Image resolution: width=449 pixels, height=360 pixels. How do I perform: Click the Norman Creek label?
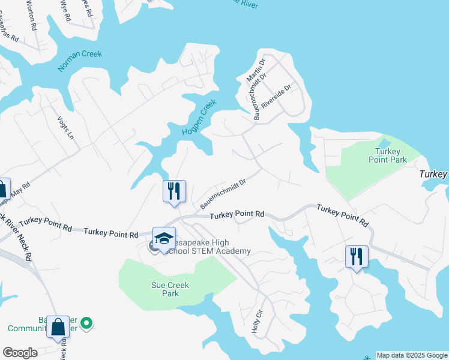80,61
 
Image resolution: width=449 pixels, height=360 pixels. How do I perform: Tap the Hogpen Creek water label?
199,118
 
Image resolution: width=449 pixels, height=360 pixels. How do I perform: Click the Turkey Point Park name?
391,155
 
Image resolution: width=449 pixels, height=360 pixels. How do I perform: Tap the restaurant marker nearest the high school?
175,191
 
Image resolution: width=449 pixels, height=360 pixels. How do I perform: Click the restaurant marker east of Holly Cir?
357,256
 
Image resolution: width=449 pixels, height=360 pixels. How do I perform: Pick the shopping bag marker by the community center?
58,327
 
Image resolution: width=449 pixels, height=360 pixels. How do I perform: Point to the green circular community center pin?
87,323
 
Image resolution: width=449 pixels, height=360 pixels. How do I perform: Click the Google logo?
20,353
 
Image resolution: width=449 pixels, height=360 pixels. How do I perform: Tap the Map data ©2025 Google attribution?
411,355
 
